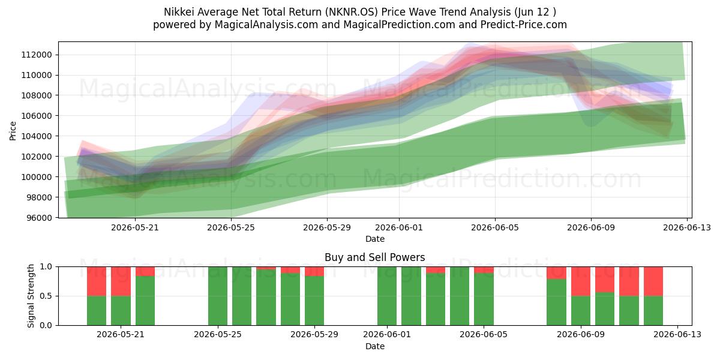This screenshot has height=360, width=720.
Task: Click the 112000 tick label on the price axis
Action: [37, 55]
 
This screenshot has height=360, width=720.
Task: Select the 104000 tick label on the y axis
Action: [37, 136]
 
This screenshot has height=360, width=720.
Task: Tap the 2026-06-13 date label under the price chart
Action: [687, 227]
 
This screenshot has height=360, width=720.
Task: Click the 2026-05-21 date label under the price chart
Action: [135, 227]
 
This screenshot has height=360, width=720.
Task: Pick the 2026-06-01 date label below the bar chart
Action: [387, 334]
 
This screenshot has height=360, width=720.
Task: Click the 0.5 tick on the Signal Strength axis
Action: [46, 296]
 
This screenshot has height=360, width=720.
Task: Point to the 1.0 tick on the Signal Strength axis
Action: [46, 266]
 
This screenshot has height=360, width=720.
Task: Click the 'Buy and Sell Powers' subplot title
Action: [375, 257]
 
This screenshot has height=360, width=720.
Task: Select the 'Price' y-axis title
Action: [13, 131]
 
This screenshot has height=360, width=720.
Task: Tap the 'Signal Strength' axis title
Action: [31, 296]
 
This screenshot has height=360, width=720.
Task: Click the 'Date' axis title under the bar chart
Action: [375, 346]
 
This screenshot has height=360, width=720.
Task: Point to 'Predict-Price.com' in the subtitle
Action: [524, 25]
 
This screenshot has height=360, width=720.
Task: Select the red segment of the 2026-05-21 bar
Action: [121, 281]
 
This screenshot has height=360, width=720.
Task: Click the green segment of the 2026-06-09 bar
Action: [581, 311]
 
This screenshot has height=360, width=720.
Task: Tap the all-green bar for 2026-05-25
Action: [218, 296]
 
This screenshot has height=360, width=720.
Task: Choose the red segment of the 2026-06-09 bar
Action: [581, 281]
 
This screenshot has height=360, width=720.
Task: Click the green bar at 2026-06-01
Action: [387, 296]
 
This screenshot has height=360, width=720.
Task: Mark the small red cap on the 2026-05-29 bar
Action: [314, 271]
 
